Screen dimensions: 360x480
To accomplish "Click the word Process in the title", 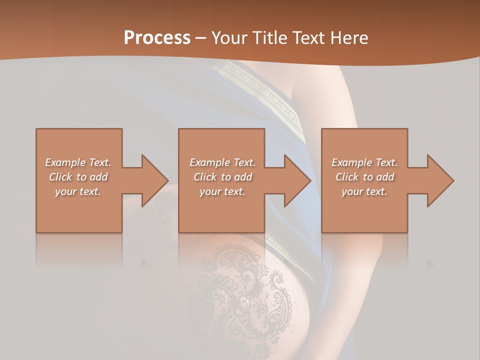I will click(x=157, y=38).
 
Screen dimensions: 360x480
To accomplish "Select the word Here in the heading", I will click(x=349, y=38).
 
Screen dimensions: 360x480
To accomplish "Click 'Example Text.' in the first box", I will click(x=78, y=162).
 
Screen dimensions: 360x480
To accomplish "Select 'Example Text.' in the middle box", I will click(x=222, y=162).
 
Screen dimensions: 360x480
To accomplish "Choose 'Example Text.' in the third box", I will click(x=364, y=162).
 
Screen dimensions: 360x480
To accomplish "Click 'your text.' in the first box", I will click(x=78, y=191).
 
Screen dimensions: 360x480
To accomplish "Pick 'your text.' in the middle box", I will click(x=222, y=191).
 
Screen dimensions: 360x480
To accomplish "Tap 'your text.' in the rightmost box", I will click(x=364, y=191).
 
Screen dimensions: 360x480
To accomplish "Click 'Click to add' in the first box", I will click(x=78, y=177).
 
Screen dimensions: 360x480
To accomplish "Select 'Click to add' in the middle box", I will click(x=222, y=177).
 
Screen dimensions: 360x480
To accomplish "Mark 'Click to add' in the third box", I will click(x=364, y=177).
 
